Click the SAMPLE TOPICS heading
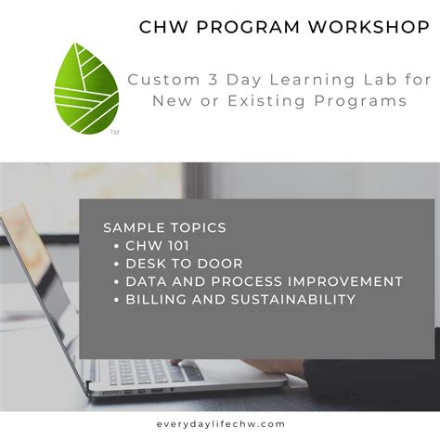(x=164, y=227)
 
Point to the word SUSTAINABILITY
(x=294, y=299)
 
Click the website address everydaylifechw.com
(x=220, y=422)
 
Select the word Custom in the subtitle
(x=158, y=80)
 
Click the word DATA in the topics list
(x=146, y=281)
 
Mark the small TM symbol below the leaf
(x=114, y=133)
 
